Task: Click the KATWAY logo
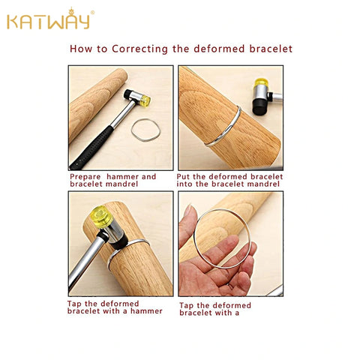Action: (x=49, y=20)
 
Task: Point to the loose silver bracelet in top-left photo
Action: (x=145, y=130)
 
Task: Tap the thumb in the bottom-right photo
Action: (x=188, y=222)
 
